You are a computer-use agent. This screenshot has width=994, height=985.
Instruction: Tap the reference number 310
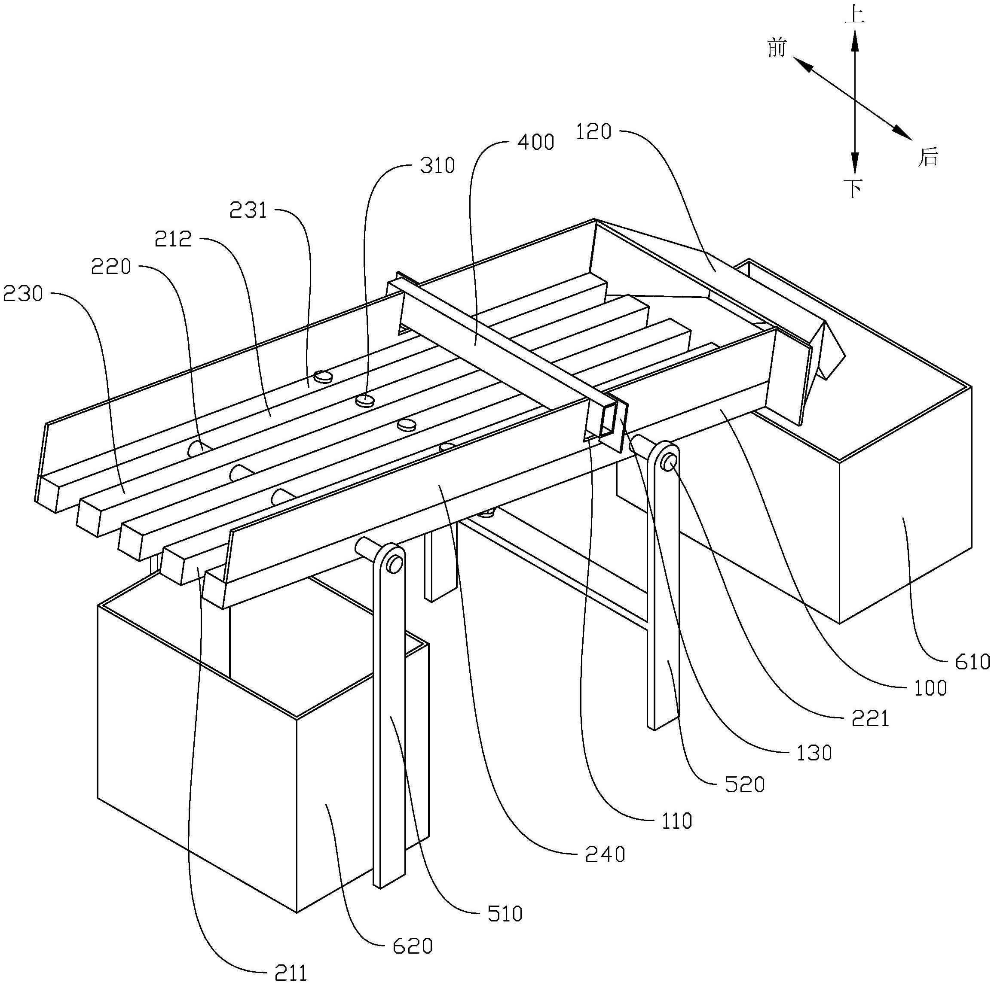[437, 166]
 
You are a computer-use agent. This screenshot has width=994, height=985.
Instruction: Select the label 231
[248, 210]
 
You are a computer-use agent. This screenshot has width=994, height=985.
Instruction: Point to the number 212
[173, 239]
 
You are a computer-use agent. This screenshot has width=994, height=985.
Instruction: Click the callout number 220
[111, 267]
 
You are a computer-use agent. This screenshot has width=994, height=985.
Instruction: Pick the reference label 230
[23, 294]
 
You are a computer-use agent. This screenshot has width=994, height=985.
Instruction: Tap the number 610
[971, 662]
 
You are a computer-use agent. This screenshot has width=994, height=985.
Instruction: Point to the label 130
[814, 753]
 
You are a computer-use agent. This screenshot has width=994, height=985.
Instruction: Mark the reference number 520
[744, 784]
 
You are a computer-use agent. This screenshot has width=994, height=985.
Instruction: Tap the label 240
[606, 854]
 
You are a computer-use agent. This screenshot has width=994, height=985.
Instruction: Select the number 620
[412, 946]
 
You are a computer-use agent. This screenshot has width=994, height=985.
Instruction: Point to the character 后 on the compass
[928, 157]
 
